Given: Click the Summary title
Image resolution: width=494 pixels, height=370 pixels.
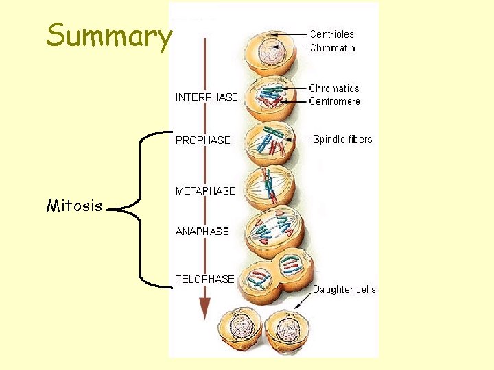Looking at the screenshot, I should [108, 36].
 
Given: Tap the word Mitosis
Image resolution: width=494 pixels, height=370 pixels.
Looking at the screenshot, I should [74, 206].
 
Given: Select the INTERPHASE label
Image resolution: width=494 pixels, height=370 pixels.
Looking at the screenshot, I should [207, 97].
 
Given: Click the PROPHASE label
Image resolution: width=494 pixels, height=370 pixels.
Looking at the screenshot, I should [203, 140].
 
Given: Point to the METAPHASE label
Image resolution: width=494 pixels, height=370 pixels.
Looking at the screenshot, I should [205, 191].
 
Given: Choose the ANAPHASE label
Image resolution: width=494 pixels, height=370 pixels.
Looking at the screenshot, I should [202, 232].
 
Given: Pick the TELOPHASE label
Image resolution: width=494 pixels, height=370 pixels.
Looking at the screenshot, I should [204, 279].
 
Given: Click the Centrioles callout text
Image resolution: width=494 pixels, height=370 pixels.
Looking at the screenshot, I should [332, 34].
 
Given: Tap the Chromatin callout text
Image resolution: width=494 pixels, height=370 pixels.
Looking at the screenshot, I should [333, 48].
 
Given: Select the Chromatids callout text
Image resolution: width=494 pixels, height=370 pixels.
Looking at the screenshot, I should [334, 88].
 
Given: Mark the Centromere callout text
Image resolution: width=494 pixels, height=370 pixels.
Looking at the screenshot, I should [334, 101].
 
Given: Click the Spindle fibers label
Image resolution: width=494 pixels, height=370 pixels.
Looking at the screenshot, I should [342, 139].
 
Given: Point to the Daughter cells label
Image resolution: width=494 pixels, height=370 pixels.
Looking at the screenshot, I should [344, 289].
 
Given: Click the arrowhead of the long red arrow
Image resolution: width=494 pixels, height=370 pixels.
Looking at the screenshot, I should [204, 308].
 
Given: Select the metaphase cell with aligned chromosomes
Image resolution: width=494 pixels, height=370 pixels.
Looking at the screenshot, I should [269, 186].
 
